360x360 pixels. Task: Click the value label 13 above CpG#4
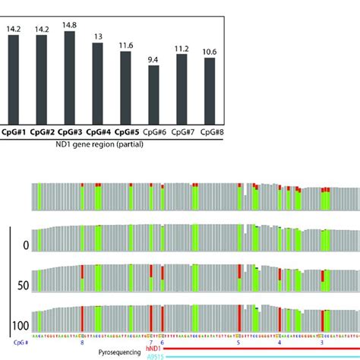(x=98, y=36)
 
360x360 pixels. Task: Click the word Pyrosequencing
(x=124, y=352)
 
